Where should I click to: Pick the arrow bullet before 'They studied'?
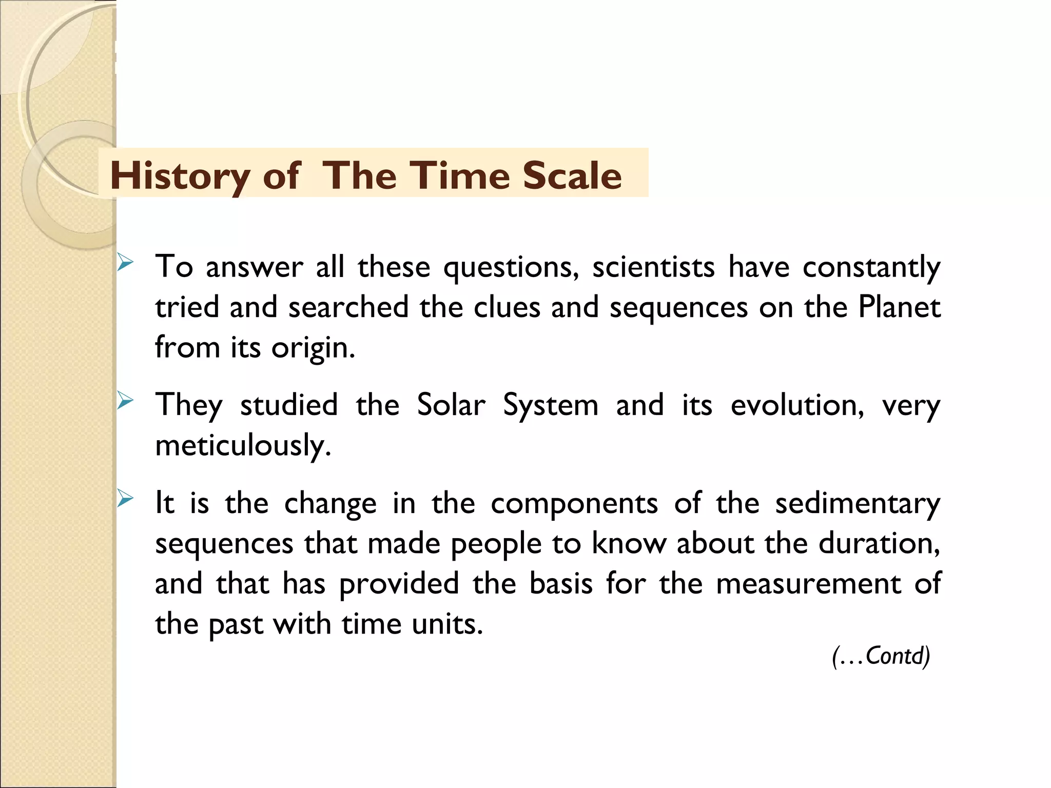125,400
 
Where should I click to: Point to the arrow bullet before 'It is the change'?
125,498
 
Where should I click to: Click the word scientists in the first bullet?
653,267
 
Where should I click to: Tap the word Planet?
899,307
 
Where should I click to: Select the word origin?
313,348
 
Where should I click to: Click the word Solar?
451,405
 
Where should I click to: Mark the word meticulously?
243,445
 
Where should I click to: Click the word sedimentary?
858,504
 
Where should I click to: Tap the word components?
574,504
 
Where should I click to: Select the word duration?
879,543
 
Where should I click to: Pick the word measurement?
808,584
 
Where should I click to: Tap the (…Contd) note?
881,656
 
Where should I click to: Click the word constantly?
871,267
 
